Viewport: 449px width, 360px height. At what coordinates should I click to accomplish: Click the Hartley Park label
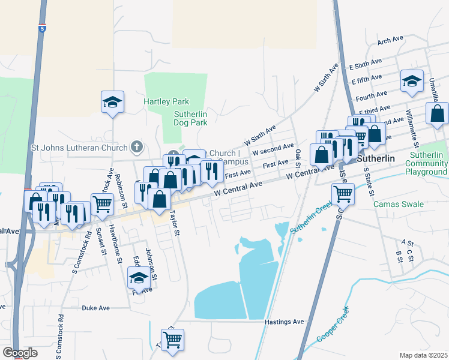[x=166, y=101]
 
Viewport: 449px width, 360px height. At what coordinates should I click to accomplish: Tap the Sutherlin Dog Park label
[x=190, y=118]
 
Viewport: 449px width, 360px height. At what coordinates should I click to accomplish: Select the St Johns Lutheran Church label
[x=79, y=147]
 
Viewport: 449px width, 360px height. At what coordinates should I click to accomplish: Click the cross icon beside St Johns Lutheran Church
[x=137, y=146]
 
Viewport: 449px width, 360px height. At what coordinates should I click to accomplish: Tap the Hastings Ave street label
[x=284, y=322]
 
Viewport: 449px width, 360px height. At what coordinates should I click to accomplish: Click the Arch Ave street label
[x=390, y=40]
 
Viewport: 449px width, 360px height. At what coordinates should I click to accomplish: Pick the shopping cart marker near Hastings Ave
[x=172, y=340]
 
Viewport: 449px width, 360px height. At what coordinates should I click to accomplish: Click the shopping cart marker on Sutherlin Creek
[x=343, y=193]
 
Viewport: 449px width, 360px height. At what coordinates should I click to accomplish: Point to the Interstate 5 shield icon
[x=42, y=28]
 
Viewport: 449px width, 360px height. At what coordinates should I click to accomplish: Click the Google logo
[x=20, y=353]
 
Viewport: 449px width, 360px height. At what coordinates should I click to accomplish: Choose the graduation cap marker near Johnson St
[x=139, y=278]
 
